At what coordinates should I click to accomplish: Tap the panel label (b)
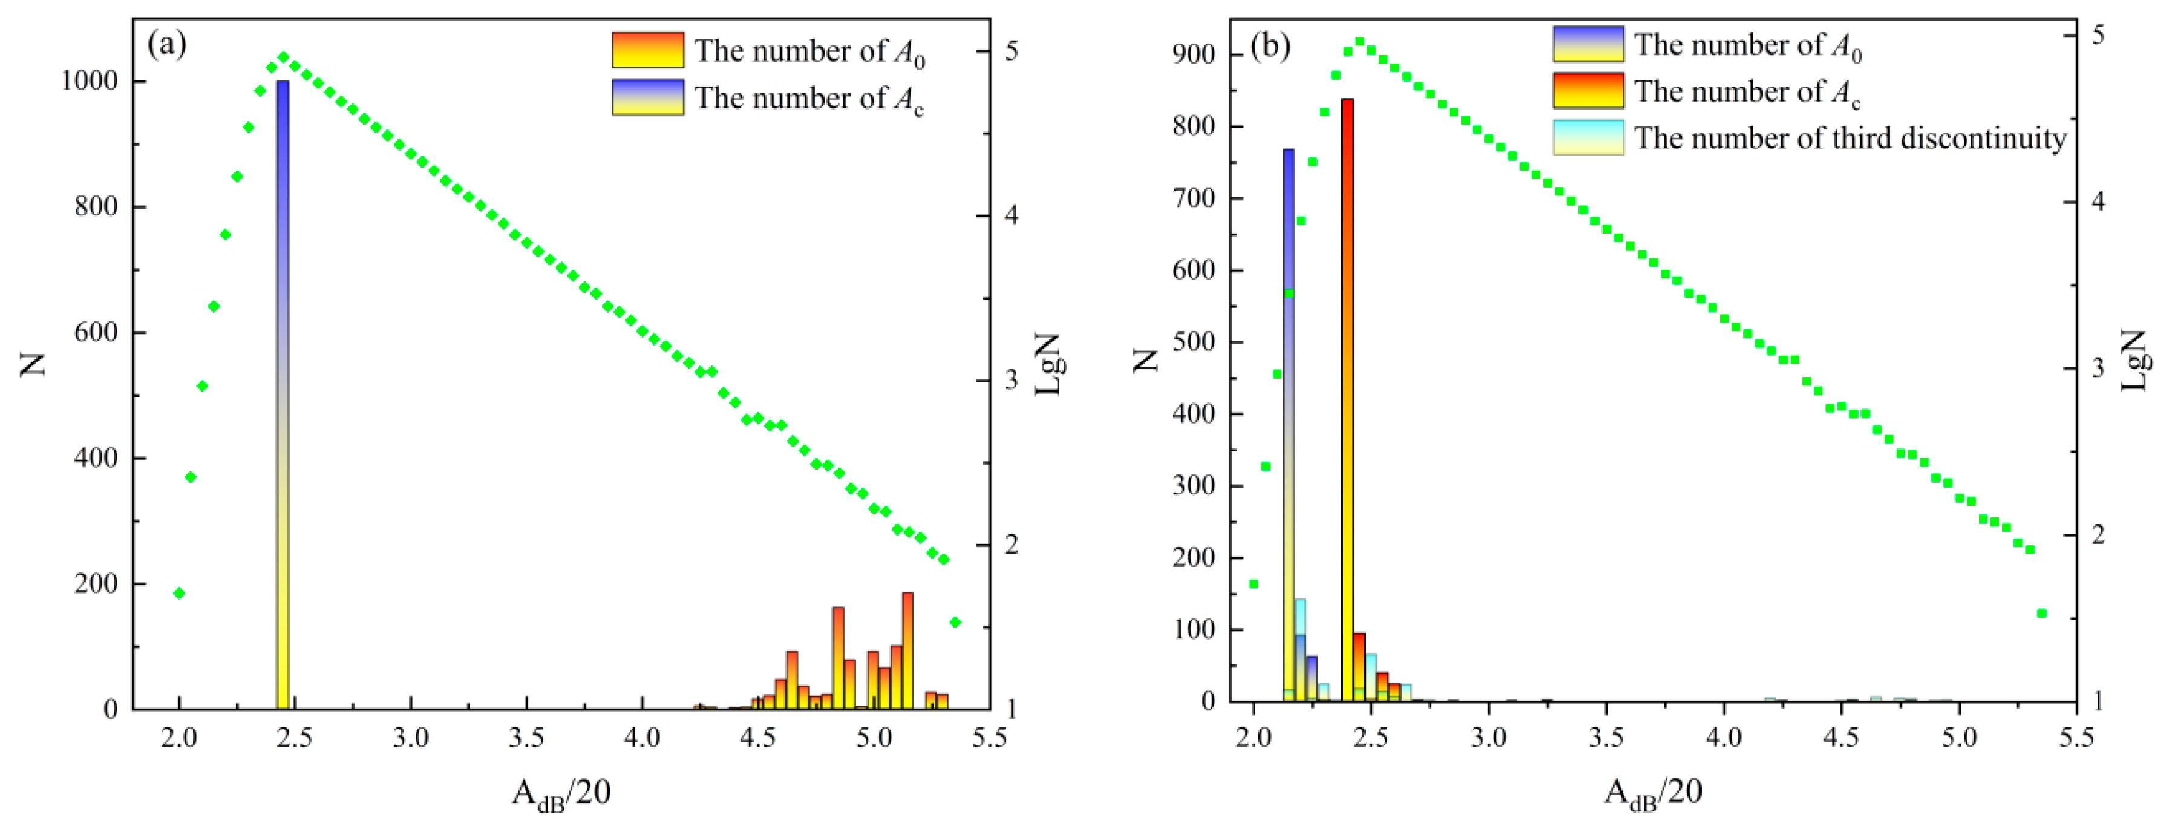point(1270,45)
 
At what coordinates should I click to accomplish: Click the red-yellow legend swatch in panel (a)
point(647,50)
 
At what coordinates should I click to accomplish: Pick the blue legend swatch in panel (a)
point(647,97)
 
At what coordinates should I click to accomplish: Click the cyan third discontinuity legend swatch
point(1588,137)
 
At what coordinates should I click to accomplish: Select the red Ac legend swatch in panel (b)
point(1588,90)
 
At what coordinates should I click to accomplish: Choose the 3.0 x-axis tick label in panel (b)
point(1488,737)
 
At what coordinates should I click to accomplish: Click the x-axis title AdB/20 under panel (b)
point(1652,793)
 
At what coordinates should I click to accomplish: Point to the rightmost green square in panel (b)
point(2041,614)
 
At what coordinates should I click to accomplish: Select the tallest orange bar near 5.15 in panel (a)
point(908,650)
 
